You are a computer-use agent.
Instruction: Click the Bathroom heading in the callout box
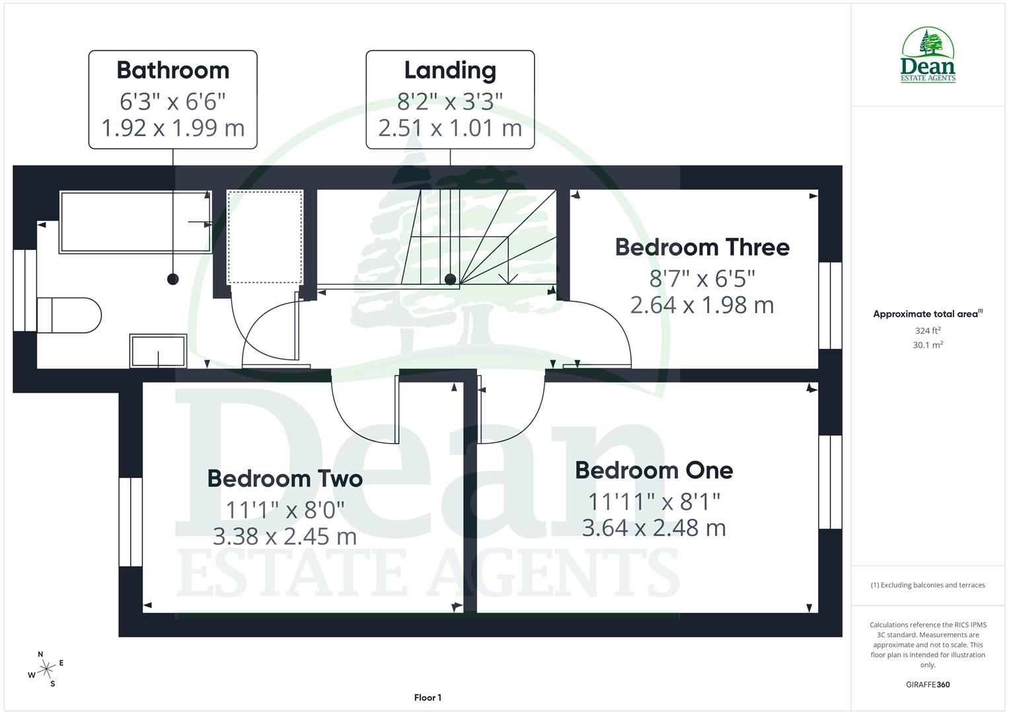pos(172,70)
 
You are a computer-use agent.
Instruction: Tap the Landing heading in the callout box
pos(450,70)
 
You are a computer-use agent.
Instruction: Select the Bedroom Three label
pos(702,247)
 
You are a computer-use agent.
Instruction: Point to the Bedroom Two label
pos(285,479)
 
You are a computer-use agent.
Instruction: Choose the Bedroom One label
pos(654,471)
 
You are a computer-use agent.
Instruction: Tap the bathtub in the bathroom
pos(135,222)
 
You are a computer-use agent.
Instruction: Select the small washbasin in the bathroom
pos(158,350)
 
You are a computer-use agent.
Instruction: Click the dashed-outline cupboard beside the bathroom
pos(265,237)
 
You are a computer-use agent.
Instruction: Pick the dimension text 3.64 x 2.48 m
pos(654,528)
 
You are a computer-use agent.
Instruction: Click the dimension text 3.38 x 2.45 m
pos(285,536)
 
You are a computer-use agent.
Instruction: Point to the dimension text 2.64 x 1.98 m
pos(702,305)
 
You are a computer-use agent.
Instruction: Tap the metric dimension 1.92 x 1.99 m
pos(172,128)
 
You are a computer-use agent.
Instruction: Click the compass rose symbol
pos(46,670)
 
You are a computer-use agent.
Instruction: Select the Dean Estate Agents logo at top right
pos(928,56)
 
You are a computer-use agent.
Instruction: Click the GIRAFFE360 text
pos(927,684)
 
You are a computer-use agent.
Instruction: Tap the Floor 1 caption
pos(428,697)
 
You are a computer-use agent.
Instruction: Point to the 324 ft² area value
pos(927,331)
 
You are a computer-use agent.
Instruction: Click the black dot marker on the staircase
pos(450,280)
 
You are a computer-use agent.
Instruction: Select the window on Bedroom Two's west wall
pos(131,522)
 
